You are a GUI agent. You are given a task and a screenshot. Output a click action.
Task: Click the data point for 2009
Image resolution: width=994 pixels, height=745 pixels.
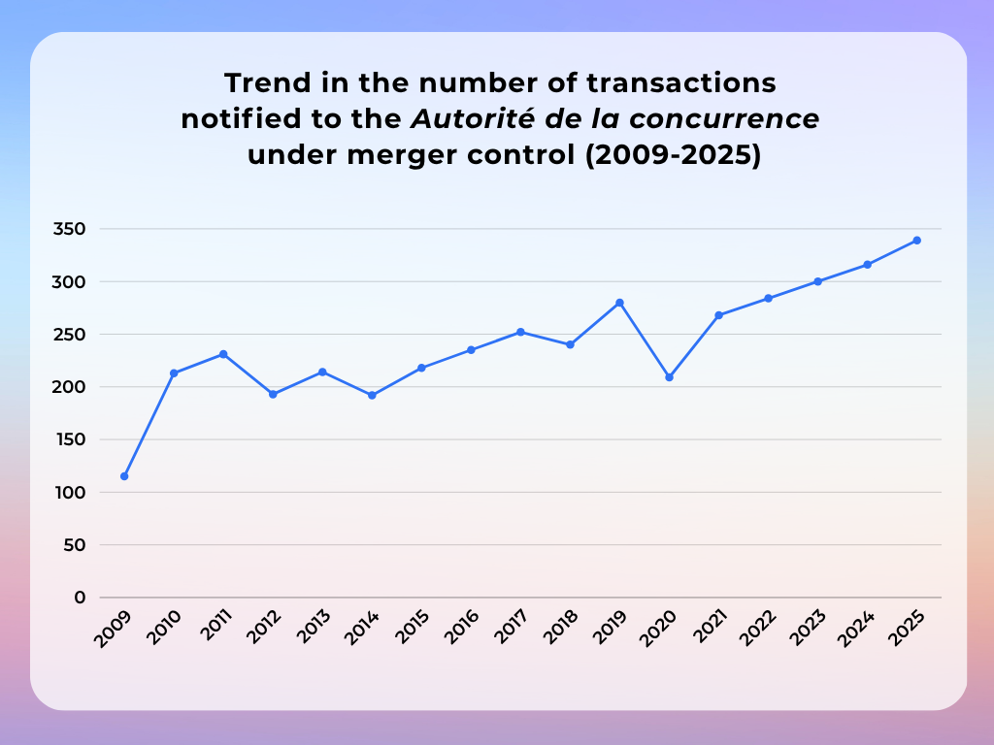coord(124,476)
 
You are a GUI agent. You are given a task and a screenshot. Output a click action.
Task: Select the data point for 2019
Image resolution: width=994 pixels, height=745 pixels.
coord(619,303)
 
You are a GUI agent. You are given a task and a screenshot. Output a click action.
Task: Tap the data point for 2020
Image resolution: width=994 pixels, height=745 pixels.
coord(669,377)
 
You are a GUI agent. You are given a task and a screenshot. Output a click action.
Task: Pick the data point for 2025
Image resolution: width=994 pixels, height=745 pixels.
coord(916,241)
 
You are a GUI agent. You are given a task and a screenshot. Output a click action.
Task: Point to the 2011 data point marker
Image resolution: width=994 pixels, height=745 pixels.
coord(223,354)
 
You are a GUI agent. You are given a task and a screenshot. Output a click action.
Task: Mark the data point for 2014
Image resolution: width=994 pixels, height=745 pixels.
coord(372,395)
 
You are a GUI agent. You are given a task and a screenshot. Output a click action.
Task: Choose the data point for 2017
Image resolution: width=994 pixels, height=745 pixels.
coord(520,332)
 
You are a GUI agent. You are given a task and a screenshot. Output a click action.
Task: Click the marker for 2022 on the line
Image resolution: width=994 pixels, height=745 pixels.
coord(768,298)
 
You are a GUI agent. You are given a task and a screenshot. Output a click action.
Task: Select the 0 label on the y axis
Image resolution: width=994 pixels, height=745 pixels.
coord(81,598)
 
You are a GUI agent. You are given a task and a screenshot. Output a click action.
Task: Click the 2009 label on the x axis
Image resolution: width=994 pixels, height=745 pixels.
coord(113,630)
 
